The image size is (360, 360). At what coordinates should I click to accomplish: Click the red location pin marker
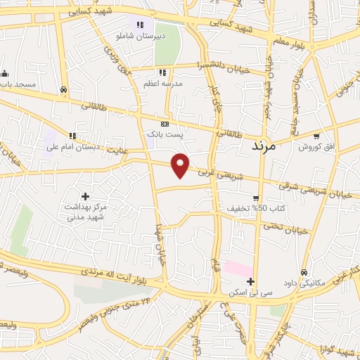tap(181, 165)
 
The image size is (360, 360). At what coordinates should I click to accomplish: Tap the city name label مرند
tap(264, 148)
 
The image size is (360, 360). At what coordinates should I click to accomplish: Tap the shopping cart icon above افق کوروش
tap(316, 136)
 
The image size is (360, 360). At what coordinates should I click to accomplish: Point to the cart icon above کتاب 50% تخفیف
tap(256, 198)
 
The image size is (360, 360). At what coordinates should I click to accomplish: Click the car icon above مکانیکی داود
tap(304, 273)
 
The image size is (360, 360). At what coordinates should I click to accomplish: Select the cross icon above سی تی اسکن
tap(250, 281)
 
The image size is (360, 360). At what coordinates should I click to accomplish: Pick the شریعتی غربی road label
tap(220, 173)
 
